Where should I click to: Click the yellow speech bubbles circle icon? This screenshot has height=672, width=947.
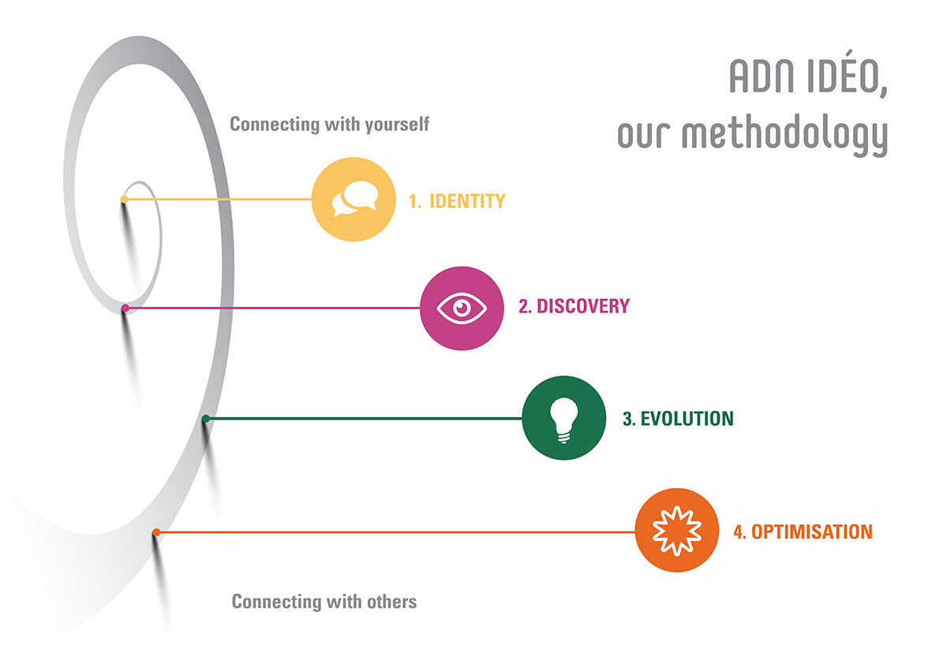(x=354, y=200)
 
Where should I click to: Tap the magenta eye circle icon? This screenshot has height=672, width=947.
(x=462, y=308)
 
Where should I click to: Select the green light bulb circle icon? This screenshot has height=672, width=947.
(x=564, y=417)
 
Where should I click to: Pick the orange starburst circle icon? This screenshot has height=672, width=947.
(x=677, y=530)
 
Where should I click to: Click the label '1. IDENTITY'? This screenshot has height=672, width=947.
(x=457, y=201)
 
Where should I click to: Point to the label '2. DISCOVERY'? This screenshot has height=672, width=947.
(x=575, y=306)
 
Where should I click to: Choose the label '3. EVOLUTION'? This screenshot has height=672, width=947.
(x=678, y=419)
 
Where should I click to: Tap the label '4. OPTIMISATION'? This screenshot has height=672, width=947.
(x=803, y=532)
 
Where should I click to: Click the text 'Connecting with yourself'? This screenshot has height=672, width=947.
(x=329, y=125)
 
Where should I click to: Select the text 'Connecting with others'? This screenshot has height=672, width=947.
(x=324, y=602)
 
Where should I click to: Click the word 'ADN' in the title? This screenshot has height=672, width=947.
(x=762, y=77)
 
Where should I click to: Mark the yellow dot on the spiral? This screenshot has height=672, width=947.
(x=125, y=200)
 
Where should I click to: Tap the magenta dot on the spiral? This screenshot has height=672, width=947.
(x=125, y=308)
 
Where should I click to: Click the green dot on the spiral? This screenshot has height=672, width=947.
(x=206, y=419)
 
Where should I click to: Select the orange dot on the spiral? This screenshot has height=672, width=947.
(x=156, y=532)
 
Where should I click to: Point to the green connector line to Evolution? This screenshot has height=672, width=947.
(x=364, y=419)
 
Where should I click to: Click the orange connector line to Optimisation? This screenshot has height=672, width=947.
(x=395, y=532)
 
